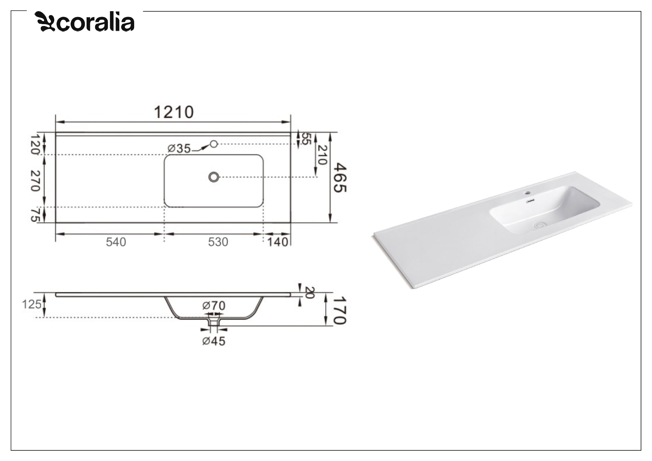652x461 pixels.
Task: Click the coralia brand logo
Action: pyautogui.click(x=85, y=22)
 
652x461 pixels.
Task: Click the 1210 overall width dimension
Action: pyautogui.click(x=174, y=112)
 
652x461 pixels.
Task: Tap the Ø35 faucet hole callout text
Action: pyautogui.click(x=179, y=149)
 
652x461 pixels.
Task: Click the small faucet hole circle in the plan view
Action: pyautogui.click(x=214, y=144)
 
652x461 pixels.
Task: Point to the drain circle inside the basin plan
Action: pyautogui.click(x=213, y=177)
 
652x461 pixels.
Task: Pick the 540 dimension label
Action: pyautogui.click(x=116, y=242)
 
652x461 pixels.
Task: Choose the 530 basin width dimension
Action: pyautogui.click(x=218, y=242)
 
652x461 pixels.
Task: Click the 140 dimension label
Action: pyautogui.click(x=278, y=242)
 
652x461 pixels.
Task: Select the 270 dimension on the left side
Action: pyautogui.click(x=35, y=181)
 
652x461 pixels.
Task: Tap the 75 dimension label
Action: pyautogui.click(x=35, y=215)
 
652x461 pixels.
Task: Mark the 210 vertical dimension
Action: pyautogui.click(x=322, y=155)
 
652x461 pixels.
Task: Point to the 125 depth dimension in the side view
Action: pyautogui.click(x=31, y=305)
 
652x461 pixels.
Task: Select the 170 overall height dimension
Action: pyautogui.click(x=339, y=310)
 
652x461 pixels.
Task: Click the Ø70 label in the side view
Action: pyautogui.click(x=214, y=306)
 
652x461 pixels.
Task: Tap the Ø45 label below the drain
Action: pyautogui.click(x=214, y=341)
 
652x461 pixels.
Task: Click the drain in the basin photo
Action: pyautogui.click(x=539, y=225)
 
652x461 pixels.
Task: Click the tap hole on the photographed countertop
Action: pyautogui.click(x=527, y=193)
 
